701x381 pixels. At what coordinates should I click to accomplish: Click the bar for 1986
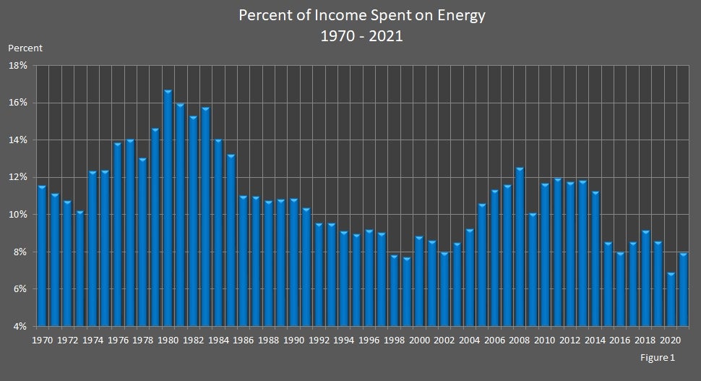pos(244,261)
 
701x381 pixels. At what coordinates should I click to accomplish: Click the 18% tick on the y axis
pos(17,65)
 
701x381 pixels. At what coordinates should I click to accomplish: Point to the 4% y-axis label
pos(17,326)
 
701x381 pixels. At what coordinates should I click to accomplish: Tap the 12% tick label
pos(17,177)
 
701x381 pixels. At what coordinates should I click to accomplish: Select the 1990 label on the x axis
pos(293,340)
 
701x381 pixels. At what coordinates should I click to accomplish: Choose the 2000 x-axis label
pos(420,340)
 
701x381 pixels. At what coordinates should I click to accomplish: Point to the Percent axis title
pos(25,48)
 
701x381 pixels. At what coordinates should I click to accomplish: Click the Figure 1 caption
pos(657,357)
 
